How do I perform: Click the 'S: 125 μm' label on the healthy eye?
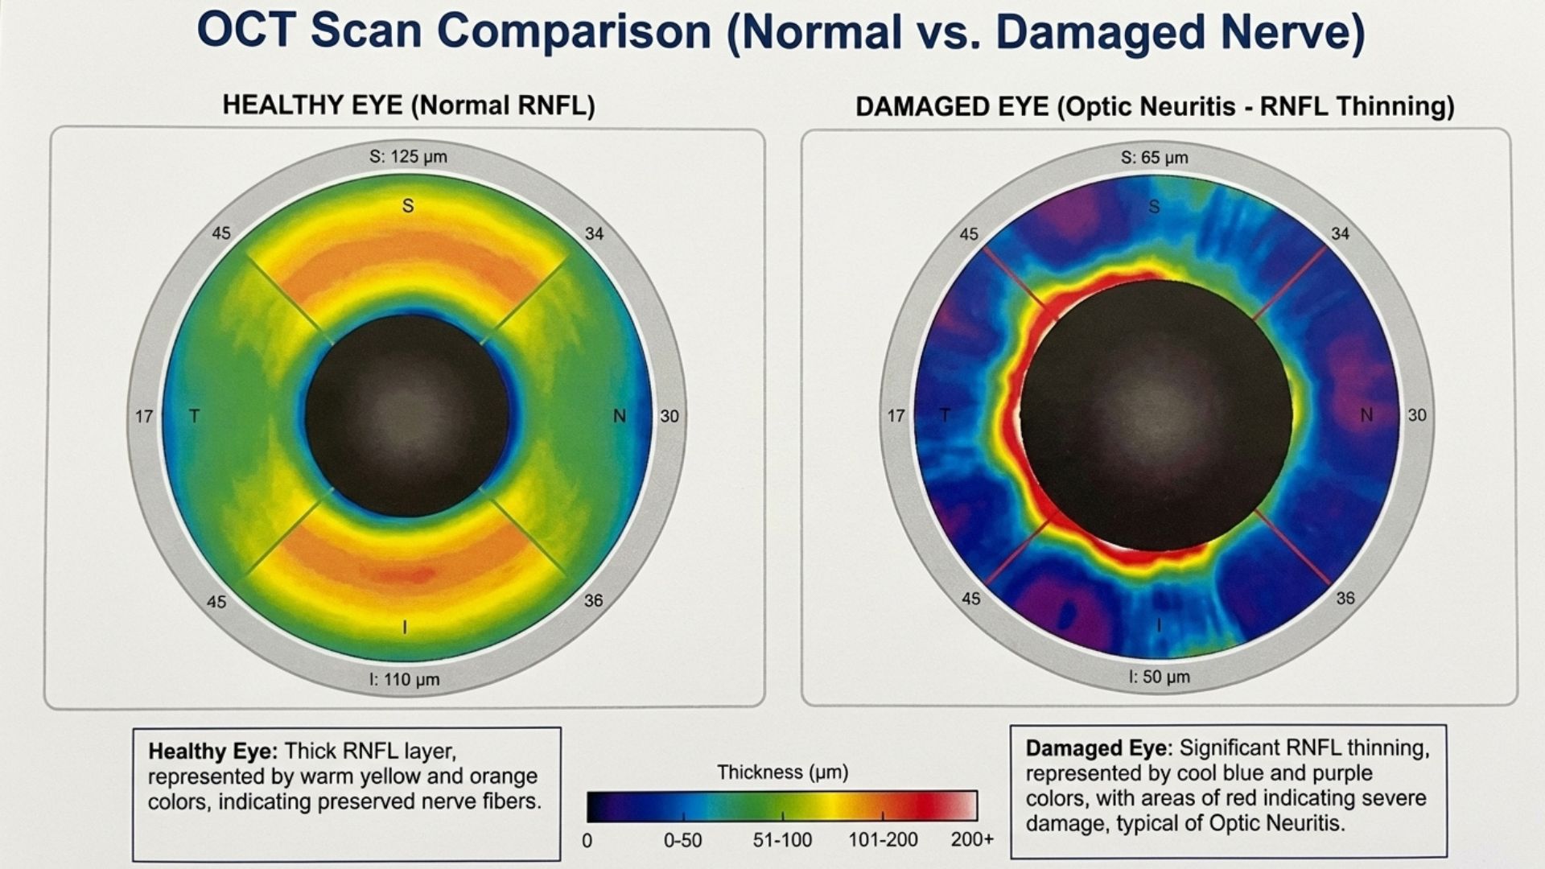pos(408,156)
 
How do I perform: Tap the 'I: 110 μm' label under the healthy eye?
pos(404,679)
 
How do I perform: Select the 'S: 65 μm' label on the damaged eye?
pos(1154,157)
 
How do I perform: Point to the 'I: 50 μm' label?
pos(1159,677)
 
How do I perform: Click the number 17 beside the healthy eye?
pos(144,416)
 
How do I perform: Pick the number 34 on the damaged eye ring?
pos(1340,233)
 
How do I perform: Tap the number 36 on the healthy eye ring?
pos(593,600)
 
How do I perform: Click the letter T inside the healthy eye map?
pos(194,416)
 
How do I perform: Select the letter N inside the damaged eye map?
pos(1366,415)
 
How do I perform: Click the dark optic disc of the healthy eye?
pos(407,415)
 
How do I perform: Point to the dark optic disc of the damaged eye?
pos(1156,415)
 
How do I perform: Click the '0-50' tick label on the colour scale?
pos(682,841)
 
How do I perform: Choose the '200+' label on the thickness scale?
pos(972,840)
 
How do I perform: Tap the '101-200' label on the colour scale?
pos(883,840)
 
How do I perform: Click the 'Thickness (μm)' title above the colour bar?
pos(782,772)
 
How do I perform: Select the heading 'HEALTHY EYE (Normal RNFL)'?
pos(408,105)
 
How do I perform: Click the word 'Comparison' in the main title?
pos(571,32)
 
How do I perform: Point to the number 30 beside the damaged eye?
pos(1417,415)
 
